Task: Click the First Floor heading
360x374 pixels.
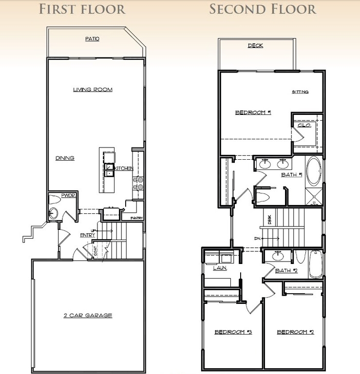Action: click(82, 9)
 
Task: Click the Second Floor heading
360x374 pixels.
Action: click(263, 9)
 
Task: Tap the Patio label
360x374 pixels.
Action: click(92, 38)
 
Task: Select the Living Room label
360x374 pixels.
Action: click(93, 90)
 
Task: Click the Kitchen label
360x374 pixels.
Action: click(123, 168)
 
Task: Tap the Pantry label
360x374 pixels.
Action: click(136, 218)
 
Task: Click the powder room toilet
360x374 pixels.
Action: click(54, 213)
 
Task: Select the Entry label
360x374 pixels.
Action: click(88, 235)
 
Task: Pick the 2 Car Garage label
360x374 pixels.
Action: click(88, 316)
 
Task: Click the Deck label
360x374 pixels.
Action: click(255, 46)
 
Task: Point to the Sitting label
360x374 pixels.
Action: click(300, 92)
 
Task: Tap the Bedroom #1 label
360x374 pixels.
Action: click(253, 112)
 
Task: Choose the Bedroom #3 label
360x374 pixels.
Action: click(233, 332)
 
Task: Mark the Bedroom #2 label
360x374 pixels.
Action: click(295, 332)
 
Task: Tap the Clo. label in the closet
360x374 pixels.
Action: click(304, 125)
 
